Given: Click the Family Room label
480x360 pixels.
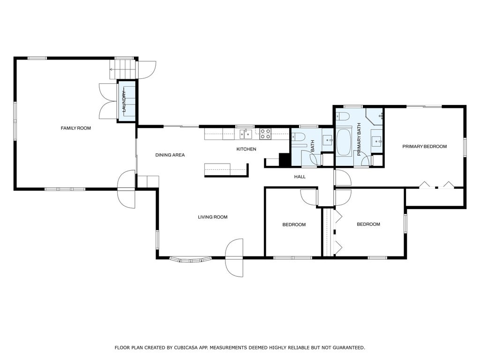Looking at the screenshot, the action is point(75,128).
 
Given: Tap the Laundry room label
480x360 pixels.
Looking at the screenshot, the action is point(124,101).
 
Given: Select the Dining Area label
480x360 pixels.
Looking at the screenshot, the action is point(170,155).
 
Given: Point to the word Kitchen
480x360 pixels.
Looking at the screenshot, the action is point(246,149).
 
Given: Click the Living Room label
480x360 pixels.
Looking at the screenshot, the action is point(212,217).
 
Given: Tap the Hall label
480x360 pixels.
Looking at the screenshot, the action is point(300,177).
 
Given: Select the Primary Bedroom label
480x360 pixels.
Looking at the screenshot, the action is point(424,146).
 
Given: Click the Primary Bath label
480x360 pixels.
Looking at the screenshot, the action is point(359,140).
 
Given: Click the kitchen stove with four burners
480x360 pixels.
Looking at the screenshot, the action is point(265,134).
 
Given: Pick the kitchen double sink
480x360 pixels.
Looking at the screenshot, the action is point(246,134).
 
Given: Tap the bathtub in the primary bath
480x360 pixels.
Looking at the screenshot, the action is point(344,143).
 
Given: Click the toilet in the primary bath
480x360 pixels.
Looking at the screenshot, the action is point(343,116).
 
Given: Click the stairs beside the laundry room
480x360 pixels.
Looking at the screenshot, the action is point(122,69).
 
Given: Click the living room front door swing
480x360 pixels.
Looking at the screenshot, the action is point(234,258).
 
